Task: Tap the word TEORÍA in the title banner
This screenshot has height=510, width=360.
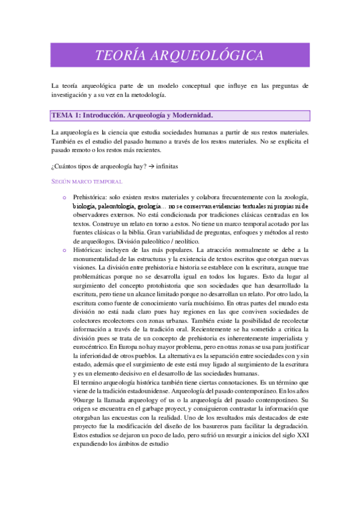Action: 126,56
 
